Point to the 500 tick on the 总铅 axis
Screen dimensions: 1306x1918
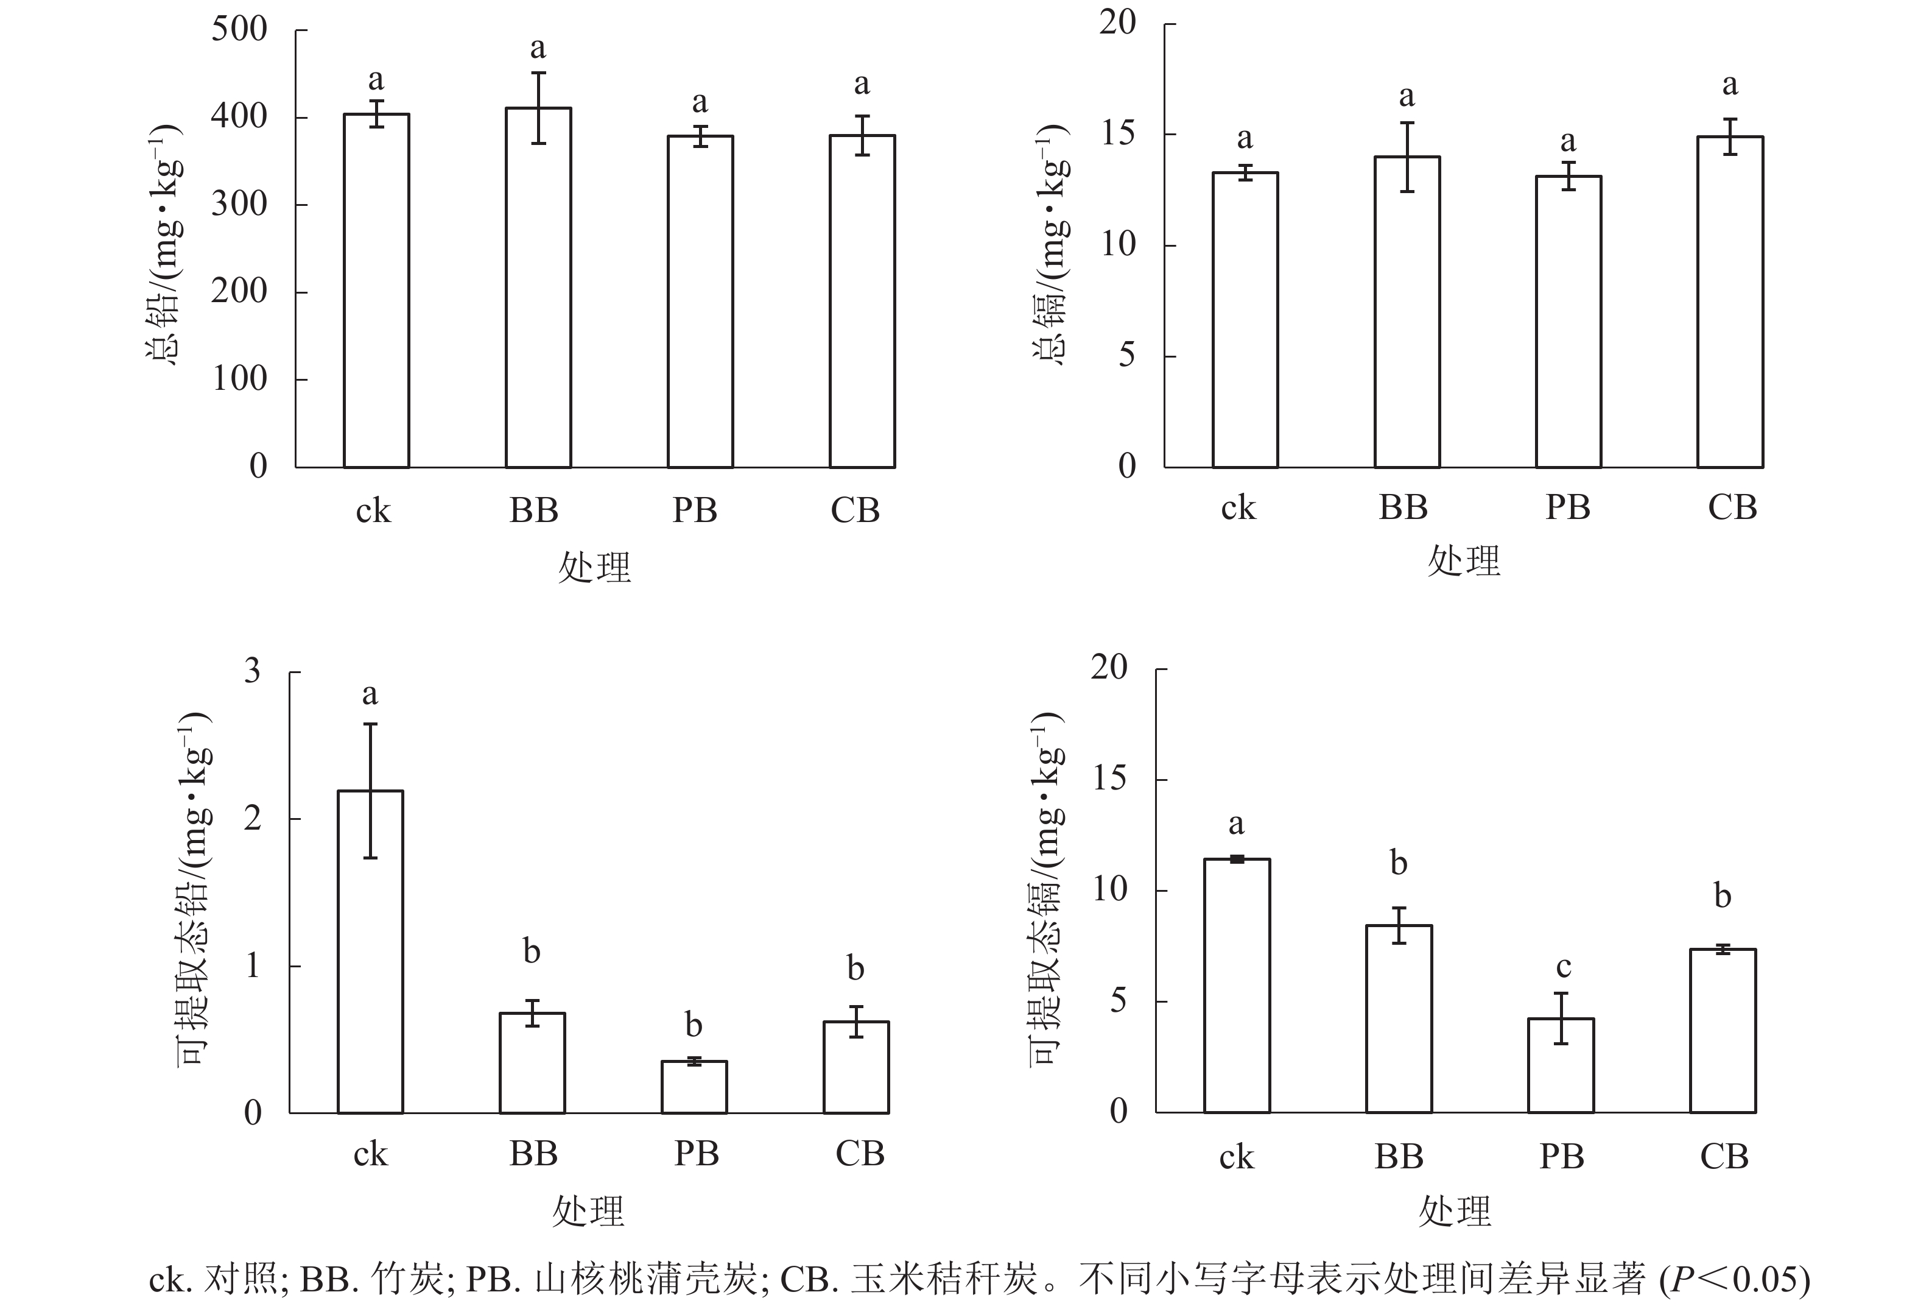pyautogui.click(x=239, y=30)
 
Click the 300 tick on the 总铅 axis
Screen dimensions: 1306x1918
pyautogui.click(x=239, y=204)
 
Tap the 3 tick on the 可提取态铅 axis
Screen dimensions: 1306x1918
pyautogui.click(x=253, y=671)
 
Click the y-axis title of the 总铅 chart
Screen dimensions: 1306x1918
pyautogui.click(x=164, y=245)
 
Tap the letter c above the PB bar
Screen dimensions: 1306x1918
pyautogui.click(x=1563, y=966)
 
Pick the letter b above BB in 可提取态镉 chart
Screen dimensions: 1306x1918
pyautogui.click(x=1398, y=864)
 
